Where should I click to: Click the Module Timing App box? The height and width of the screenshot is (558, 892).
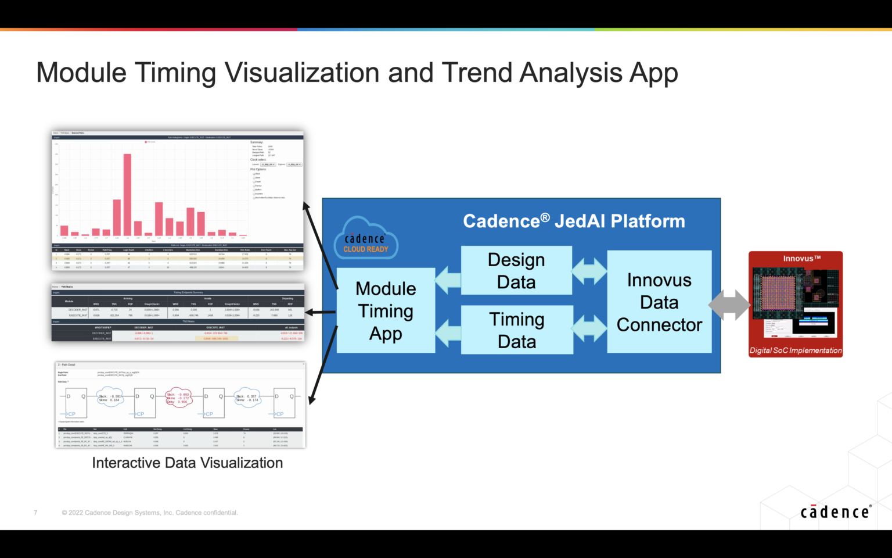click(x=386, y=310)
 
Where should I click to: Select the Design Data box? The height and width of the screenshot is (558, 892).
click(x=516, y=270)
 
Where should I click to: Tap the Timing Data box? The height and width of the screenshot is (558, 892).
click(x=517, y=330)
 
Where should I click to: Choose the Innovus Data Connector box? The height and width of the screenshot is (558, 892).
click(x=659, y=302)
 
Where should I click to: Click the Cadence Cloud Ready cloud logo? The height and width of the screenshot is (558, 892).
click(x=365, y=239)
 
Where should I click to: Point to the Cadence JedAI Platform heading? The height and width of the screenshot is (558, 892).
click(x=574, y=221)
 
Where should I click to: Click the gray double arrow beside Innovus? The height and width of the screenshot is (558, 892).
click(x=729, y=305)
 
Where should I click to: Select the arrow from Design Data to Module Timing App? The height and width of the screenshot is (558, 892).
click(x=448, y=280)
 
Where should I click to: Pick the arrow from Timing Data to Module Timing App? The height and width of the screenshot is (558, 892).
click(x=448, y=334)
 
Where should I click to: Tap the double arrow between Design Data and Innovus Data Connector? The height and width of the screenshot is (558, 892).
click(x=589, y=271)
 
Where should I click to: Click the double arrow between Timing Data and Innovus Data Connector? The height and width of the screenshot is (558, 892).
click(x=589, y=328)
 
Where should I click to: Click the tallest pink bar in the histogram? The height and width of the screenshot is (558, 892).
click(x=127, y=195)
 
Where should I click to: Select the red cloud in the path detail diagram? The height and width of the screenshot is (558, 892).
click(x=178, y=398)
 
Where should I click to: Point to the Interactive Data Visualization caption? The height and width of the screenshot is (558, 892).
click(x=187, y=463)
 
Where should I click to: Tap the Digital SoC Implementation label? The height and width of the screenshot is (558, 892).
click(x=795, y=350)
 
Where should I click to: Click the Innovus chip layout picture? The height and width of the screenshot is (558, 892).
click(x=795, y=301)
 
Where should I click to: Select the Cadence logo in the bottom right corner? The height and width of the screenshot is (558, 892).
click(x=835, y=512)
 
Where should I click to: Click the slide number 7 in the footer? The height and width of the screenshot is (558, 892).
click(x=35, y=513)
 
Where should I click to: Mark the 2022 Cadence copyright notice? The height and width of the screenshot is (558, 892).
click(x=150, y=513)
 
